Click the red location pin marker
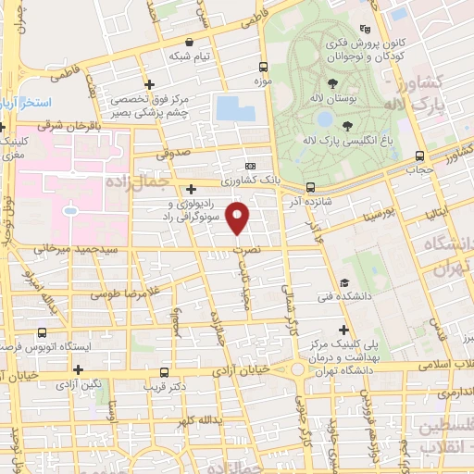pos(239,218)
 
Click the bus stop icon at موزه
pos(264,68)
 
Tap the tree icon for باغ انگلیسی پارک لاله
pos(347,126)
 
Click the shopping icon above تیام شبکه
pos(190,42)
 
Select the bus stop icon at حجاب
pos(420,156)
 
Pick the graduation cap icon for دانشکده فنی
pos(343,283)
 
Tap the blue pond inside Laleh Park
pos(325,118)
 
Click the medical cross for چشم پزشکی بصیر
pos(147,85)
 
